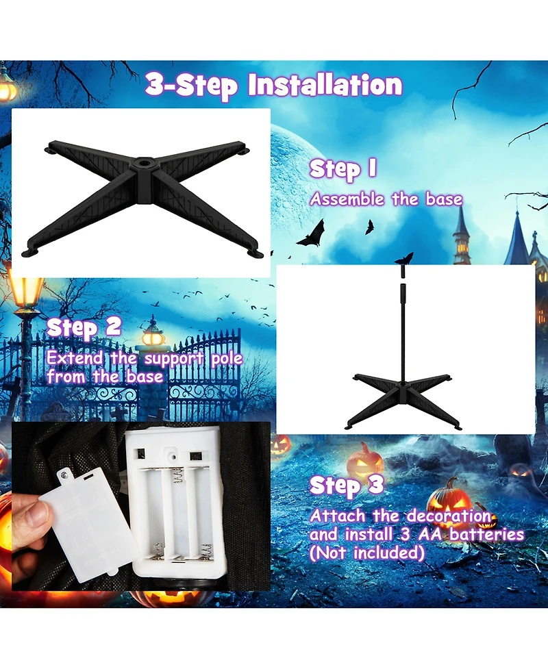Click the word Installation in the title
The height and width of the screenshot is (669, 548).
[x=325, y=84]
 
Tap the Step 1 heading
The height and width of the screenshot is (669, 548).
[x=343, y=169]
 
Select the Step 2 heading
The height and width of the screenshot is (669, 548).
[x=84, y=328]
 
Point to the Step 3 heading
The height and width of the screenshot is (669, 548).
[x=347, y=485]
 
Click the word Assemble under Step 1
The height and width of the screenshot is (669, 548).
[x=347, y=199]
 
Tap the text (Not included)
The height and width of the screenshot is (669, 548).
[x=367, y=553]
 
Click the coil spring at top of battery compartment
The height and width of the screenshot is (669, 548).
[x=178, y=477]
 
